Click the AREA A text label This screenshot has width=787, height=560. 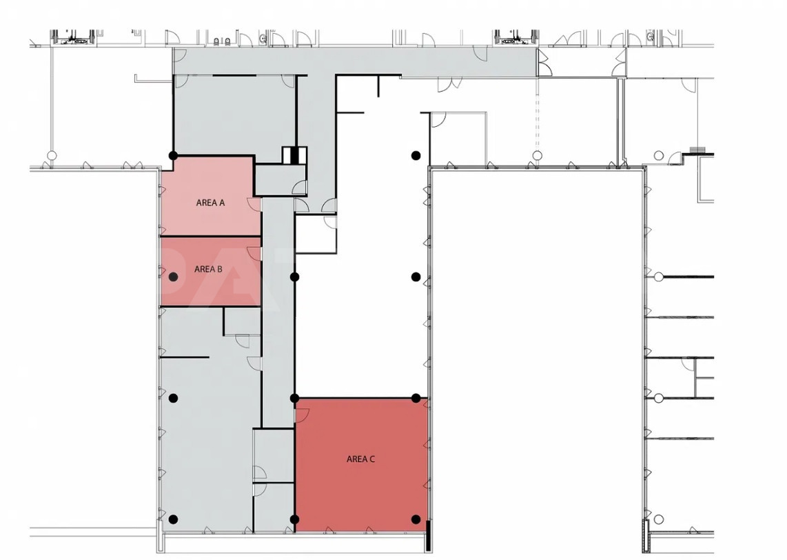click(x=210, y=203)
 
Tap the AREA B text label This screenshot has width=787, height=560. click(x=208, y=269)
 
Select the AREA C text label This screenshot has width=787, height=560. click(x=361, y=459)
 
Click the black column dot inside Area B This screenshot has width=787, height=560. click(x=173, y=277)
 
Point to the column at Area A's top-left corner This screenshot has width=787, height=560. click(x=173, y=156)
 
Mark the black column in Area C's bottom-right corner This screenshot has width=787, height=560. click(x=416, y=519)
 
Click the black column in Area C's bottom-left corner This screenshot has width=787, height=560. click(x=295, y=519)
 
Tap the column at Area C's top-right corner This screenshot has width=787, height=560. click(x=416, y=399)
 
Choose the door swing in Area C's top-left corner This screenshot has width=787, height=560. click(x=302, y=414)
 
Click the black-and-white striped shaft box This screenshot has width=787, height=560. click(x=294, y=154)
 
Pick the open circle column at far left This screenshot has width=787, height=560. click(x=51, y=155)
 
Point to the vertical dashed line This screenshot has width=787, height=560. click(x=537, y=114)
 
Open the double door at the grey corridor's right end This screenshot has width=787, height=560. click(x=544, y=62)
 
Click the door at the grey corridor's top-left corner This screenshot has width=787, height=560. click(x=180, y=55)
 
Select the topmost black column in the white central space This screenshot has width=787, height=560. click(x=416, y=156)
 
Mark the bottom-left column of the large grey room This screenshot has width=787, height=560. click(x=173, y=519)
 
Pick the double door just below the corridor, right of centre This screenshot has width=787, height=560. click(x=450, y=84)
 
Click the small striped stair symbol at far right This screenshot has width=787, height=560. click(x=698, y=150)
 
